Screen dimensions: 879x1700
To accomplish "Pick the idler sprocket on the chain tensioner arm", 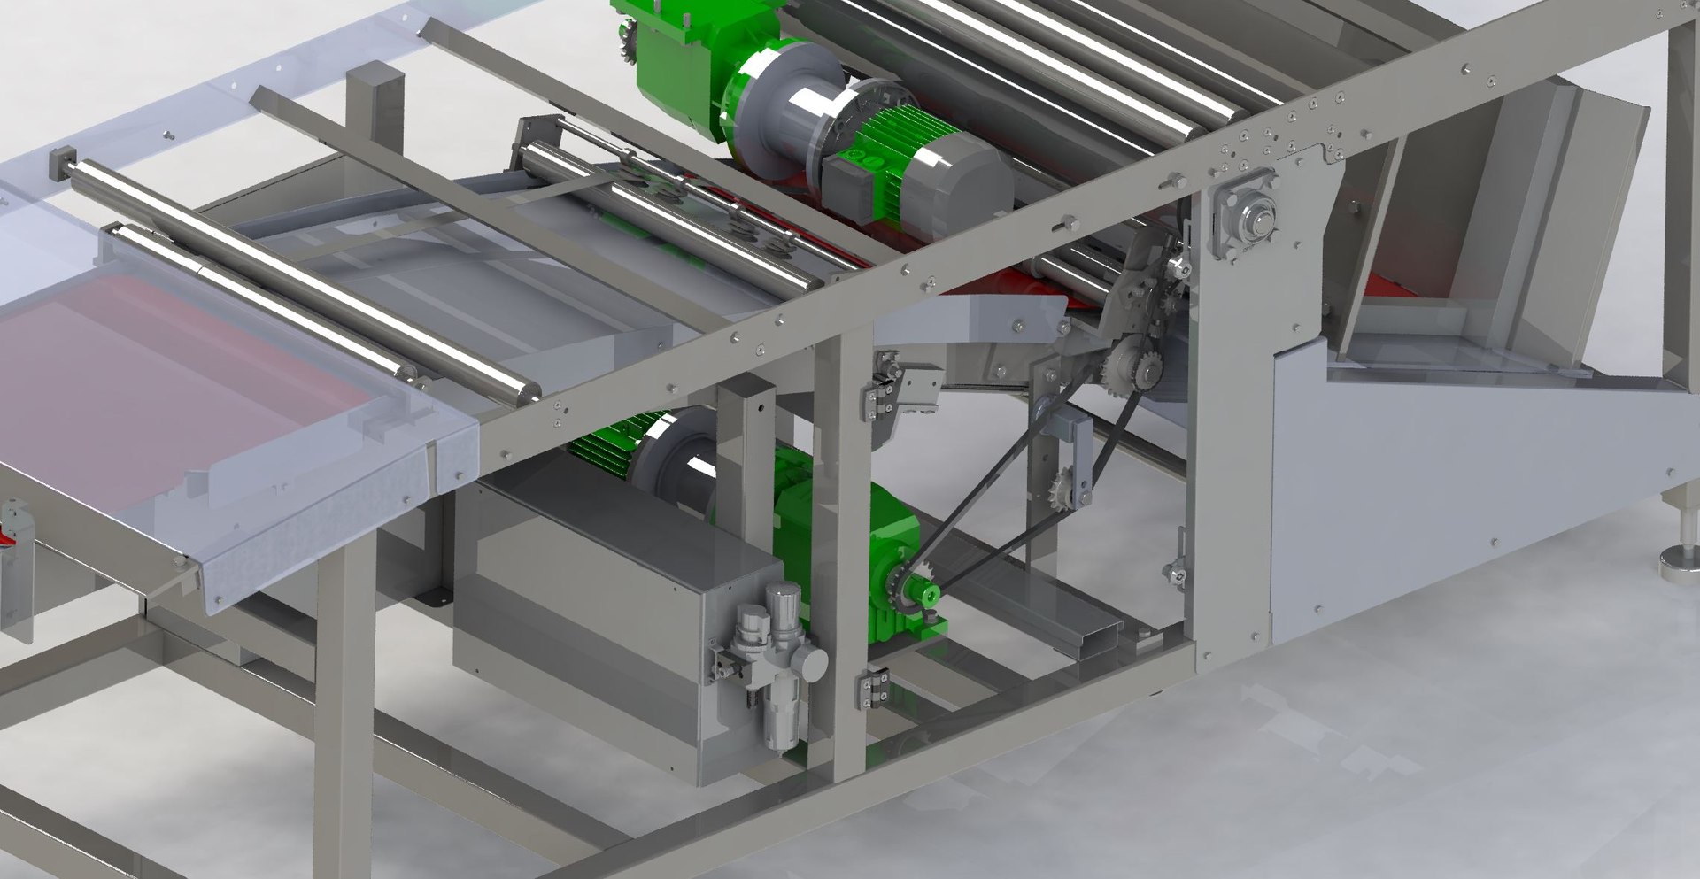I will pos(1064,488).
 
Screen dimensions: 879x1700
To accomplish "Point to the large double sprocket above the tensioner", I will pos(1132,365).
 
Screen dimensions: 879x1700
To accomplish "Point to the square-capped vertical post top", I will pos(375,84).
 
